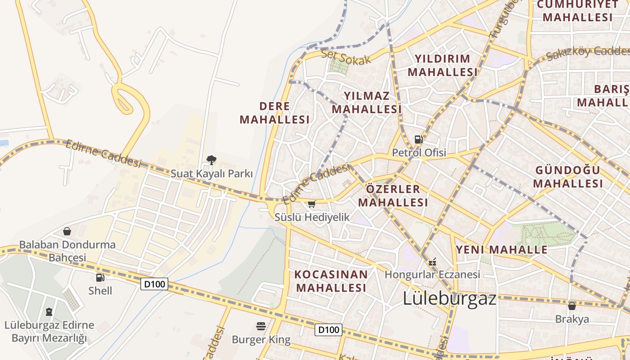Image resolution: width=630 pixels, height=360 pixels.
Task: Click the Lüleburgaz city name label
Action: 449,298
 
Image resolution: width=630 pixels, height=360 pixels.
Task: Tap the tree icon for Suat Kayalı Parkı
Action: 211,160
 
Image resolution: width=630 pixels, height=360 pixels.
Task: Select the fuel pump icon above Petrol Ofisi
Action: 418,139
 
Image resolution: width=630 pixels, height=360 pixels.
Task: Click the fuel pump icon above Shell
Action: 100,278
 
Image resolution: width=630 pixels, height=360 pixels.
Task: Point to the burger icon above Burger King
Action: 261,326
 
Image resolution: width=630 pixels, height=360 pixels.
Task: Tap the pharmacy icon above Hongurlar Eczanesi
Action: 432,261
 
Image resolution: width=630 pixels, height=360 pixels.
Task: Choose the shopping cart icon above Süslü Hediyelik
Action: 312,204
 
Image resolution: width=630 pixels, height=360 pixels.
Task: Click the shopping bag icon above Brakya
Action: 572,306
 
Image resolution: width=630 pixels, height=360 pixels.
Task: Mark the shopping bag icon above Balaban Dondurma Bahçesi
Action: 67,231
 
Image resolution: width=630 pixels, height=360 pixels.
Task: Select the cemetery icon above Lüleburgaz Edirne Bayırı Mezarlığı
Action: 49,311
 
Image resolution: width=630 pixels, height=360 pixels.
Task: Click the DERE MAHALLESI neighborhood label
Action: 274,113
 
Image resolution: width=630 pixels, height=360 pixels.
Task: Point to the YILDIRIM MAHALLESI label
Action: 442,65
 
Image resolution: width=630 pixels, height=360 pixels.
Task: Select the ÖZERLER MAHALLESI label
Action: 393,196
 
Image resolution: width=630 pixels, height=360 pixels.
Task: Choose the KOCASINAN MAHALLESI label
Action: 331,281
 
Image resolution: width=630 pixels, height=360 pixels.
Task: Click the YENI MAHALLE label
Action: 502,250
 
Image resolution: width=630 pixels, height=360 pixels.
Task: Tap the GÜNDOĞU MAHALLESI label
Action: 568,177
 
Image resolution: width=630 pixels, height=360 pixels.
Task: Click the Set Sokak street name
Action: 346,57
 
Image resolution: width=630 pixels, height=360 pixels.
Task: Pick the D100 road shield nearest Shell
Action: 154,284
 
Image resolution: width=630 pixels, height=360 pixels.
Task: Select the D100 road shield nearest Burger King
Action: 328,330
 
